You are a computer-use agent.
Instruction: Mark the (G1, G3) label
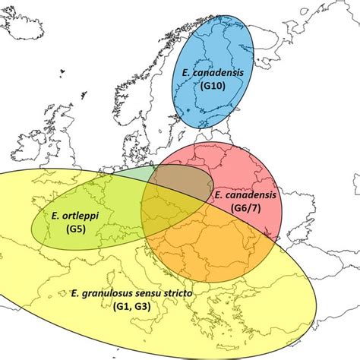coord(137,305)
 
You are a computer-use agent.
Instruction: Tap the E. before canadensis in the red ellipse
coord(218,194)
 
